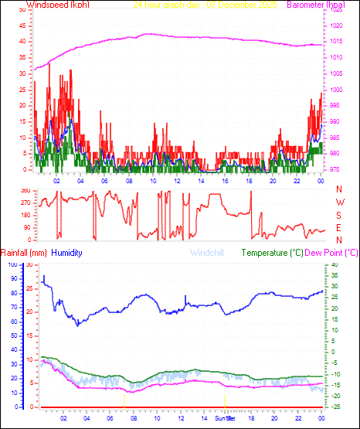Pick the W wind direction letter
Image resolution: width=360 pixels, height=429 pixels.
(x=339, y=202)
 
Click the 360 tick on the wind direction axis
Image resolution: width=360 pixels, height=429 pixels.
(x=25, y=189)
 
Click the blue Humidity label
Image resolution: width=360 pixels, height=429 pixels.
(x=66, y=253)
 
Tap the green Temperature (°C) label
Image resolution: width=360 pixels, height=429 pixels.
(x=273, y=253)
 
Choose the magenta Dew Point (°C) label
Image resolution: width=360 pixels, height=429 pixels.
(x=332, y=253)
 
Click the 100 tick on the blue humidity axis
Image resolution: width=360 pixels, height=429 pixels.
(x=12, y=265)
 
